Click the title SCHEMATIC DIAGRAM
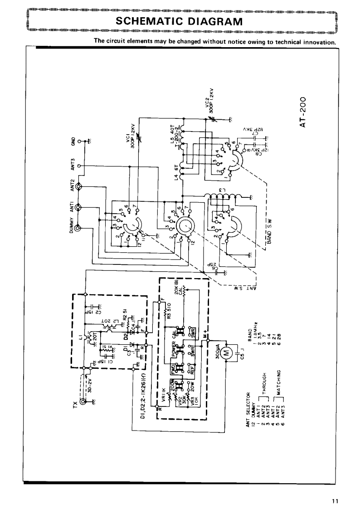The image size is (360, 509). (x=180, y=21)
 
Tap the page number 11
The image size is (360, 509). (x=335, y=501)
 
